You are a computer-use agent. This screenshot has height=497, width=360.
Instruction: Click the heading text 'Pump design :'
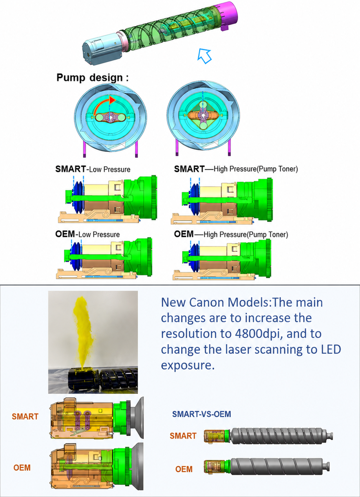(x=93, y=78)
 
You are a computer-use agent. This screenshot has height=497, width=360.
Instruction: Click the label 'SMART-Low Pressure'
(x=93, y=169)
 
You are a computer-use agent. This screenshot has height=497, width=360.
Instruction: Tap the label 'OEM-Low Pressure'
(x=87, y=234)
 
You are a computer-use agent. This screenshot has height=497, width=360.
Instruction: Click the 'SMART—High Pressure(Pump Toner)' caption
(x=236, y=169)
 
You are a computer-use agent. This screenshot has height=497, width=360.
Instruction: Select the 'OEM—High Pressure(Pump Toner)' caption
(x=231, y=234)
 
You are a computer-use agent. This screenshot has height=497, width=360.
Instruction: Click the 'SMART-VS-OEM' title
(x=202, y=414)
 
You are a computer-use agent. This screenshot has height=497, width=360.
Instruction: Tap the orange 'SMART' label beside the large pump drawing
(x=25, y=416)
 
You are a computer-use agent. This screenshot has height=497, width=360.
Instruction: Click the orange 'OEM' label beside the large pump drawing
(x=22, y=467)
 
